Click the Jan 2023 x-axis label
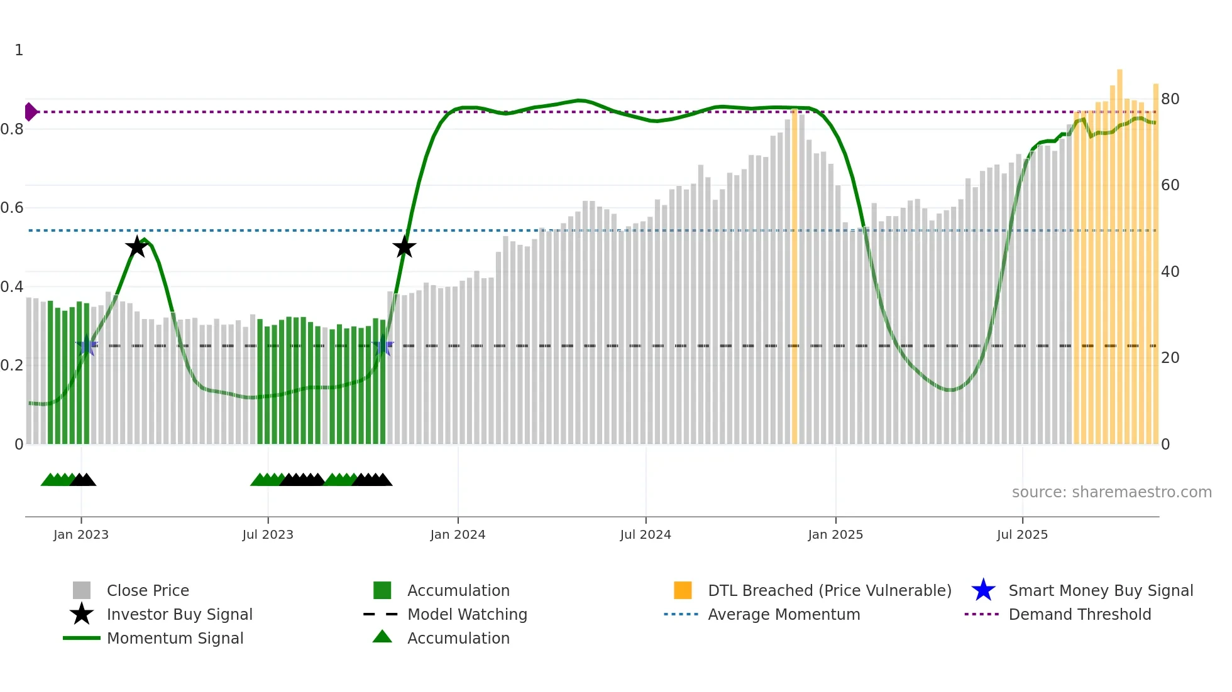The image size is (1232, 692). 81,534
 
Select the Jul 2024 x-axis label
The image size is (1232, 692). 646,534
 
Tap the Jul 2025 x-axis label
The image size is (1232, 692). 1022,534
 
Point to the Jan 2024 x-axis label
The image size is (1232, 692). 458,534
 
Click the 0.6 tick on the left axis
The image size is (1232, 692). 12,208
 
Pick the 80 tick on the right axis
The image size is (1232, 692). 1170,99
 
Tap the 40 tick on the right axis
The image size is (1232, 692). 1170,272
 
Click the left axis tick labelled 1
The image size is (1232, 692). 19,50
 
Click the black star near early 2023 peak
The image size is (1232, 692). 136,247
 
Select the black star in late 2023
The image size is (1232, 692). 404,247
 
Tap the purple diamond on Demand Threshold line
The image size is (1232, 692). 30,112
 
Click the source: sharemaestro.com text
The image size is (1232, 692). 1111,492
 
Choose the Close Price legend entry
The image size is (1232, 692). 148,590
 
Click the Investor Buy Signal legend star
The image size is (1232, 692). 82,614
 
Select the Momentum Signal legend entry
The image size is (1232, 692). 175,638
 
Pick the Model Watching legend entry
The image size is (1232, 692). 467,614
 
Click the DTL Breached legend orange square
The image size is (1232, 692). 683,590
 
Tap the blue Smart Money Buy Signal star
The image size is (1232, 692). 983,590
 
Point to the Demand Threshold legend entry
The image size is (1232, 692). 1079,614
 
